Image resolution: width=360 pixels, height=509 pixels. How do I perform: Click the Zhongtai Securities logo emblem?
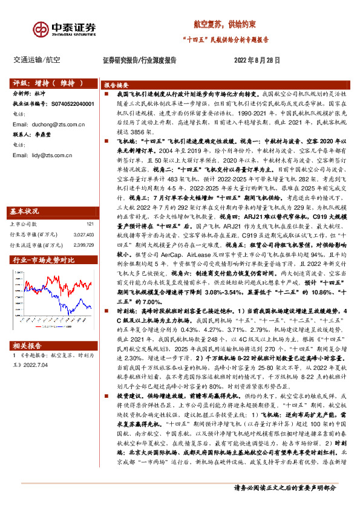click(41, 30)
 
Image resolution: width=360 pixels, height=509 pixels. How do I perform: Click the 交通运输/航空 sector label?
click(36, 60)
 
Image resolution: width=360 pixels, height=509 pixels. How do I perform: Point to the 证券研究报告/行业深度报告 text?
click(139, 60)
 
